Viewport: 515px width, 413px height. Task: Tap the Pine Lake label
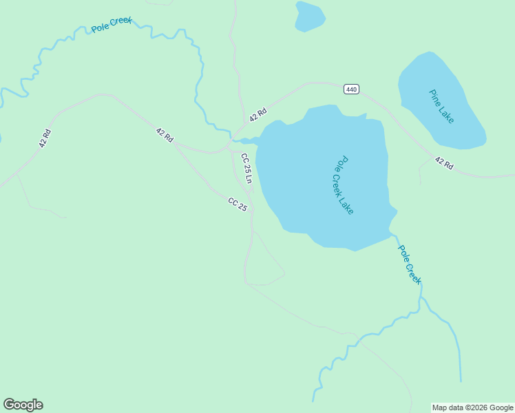point(441,106)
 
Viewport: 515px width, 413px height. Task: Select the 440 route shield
point(351,89)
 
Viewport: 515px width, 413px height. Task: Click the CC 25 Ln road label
point(246,168)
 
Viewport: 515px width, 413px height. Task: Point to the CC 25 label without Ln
point(238,204)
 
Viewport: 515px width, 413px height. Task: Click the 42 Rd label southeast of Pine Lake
point(444,163)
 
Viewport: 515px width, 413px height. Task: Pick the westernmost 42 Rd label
point(45,138)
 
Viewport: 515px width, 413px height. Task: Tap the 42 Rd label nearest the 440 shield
point(257,114)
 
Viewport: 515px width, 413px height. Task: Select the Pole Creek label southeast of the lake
point(410,264)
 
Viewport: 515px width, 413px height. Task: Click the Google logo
point(23,405)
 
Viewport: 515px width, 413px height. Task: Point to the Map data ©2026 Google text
point(473,407)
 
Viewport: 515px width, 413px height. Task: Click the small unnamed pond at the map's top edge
point(309,17)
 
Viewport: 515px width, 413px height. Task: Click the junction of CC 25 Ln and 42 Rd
point(229,149)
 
